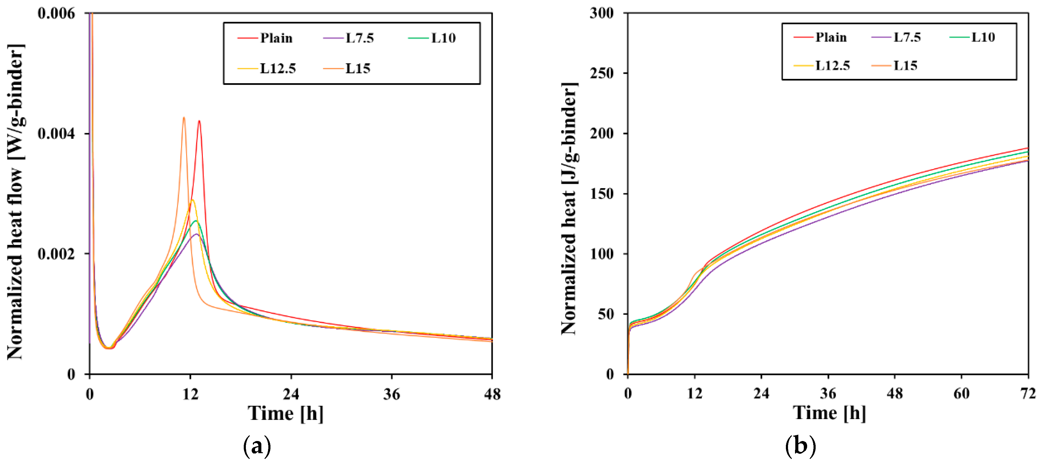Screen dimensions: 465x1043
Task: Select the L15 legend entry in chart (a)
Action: pyautogui.click(x=358, y=68)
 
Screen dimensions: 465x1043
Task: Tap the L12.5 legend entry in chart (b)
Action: pyautogui.click(x=832, y=66)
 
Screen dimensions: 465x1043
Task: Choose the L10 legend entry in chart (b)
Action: pyautogui.click(x=983, y=37)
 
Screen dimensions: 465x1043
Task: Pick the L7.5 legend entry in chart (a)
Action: pyautogui.click(x=359, y=38)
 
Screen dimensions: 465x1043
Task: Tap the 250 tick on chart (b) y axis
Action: pyautogui.click(x=602, y=73)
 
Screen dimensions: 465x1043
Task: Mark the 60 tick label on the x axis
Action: pyautogui.click(x=961, y=393)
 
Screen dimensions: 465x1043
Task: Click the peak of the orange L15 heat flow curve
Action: pyautogui.click(x=184, y=118)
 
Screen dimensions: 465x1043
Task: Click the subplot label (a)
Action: pyautogui.click(x=257, y=446)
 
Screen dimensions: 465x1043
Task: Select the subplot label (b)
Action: pyautogui.click(x=800, y=446)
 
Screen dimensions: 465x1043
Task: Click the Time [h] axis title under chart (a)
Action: pyautogui.click(x=285, y=413)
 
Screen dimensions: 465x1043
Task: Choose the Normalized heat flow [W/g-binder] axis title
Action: pyautogui.click(x=15, y=201)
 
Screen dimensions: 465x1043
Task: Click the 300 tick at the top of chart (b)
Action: pyautogui.click(x=602, y=13)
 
